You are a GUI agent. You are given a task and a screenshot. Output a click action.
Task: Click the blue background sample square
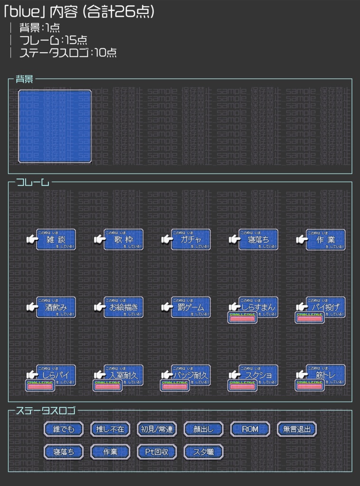tap(55, 126)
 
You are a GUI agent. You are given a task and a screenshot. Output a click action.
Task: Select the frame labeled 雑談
tap(56, 240)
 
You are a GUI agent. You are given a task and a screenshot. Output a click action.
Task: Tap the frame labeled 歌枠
tap(123, 240)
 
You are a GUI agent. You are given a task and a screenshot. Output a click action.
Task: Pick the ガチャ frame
tap(191, 240)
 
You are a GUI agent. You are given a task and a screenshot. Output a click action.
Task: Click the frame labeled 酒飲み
tap(56, 307)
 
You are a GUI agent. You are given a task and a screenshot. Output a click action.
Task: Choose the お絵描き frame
tap(123, 307)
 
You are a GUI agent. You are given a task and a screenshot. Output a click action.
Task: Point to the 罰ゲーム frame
tap(191, 307)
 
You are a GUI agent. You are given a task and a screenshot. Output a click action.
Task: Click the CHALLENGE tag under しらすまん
tap(243, 318)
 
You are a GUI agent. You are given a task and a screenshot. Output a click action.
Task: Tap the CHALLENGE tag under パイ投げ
tap(310, 318)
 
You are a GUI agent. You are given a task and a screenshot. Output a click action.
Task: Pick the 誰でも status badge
tap(64, 429)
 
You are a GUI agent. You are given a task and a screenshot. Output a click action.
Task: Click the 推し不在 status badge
tap(110, 429)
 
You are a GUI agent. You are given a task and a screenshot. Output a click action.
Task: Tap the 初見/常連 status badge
tap(157, 429)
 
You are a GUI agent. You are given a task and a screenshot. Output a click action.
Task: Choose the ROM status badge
tap(250, 429)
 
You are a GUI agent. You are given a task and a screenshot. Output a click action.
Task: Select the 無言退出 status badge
tap(296, 429)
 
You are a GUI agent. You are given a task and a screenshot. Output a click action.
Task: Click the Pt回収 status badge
tap(157, 452)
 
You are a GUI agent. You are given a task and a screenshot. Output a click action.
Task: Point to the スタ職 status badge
tap(203, 452)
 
